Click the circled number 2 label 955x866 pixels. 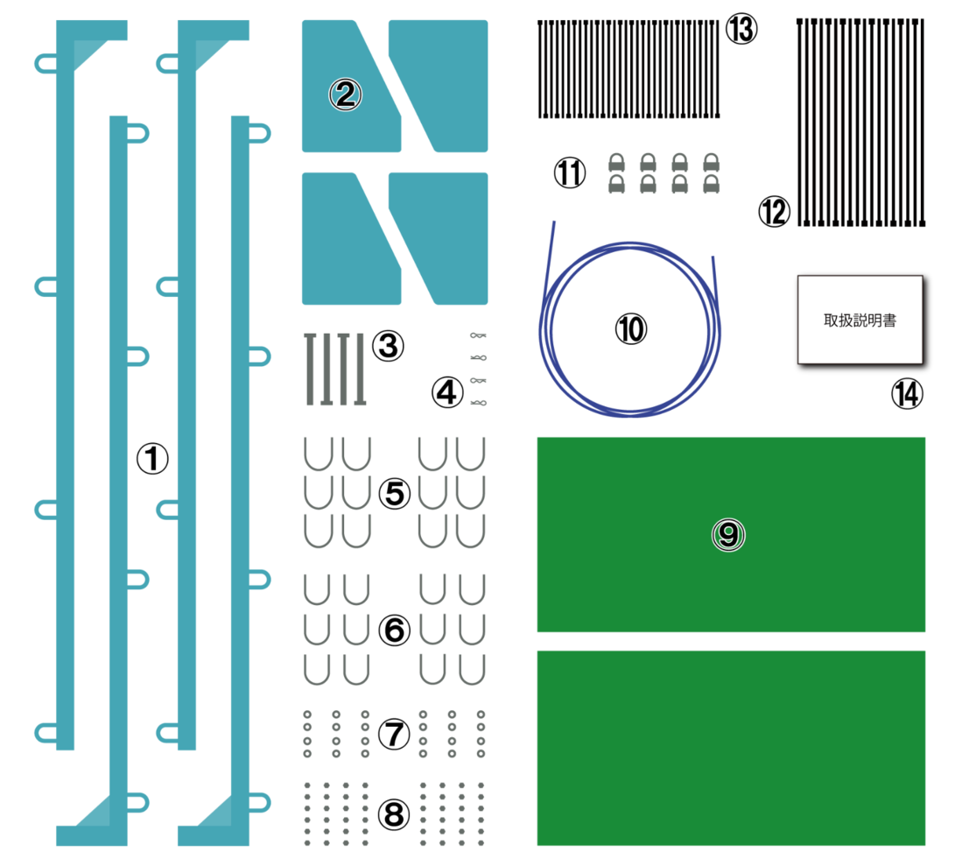[345, 95]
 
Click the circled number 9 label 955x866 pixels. [727, 534]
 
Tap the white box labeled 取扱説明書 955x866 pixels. [860, 320]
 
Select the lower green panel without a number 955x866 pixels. [731, 748]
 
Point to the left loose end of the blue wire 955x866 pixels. [552, 226]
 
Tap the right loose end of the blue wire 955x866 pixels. [713, 260]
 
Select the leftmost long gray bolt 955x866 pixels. [309, 369]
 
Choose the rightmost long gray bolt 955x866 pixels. [360, 369]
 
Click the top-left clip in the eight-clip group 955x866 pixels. [616, 162]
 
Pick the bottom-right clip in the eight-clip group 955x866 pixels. [711, 184]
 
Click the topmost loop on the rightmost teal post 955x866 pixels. [260, 133]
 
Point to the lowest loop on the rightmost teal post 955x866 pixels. [260, 802]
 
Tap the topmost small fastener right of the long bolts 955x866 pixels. [478, 334]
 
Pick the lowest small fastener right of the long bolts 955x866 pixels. [478, 403]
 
